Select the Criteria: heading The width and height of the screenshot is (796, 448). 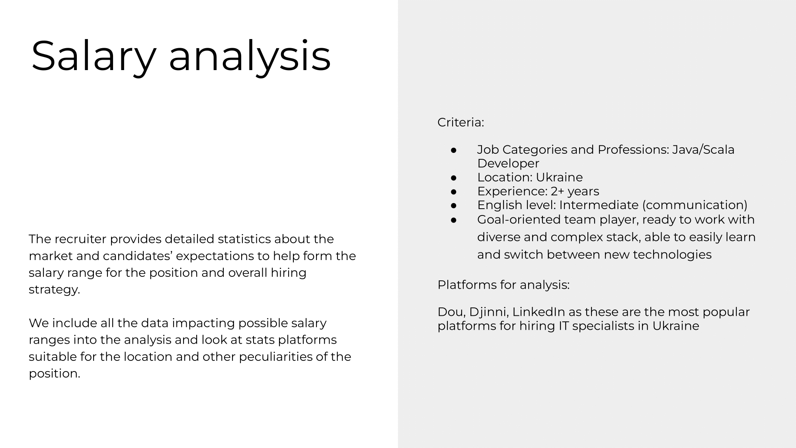click(x=460, y=122)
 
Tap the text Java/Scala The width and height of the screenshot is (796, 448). click(x=703, y=150)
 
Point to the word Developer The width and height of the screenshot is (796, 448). click(x=508, y=163)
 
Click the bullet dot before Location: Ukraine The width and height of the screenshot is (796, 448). click(x=453, y=178)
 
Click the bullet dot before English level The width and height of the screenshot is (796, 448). click(x=453, y=205)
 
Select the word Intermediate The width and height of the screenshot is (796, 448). click(x=599, y=205)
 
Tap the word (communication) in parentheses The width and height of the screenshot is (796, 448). click(x=695, y=205)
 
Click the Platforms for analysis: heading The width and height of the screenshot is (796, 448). click(x=503, y=285)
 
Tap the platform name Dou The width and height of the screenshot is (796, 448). click(x=451, y=312)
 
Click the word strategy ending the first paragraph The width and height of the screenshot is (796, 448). click(x=54, y=290)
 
